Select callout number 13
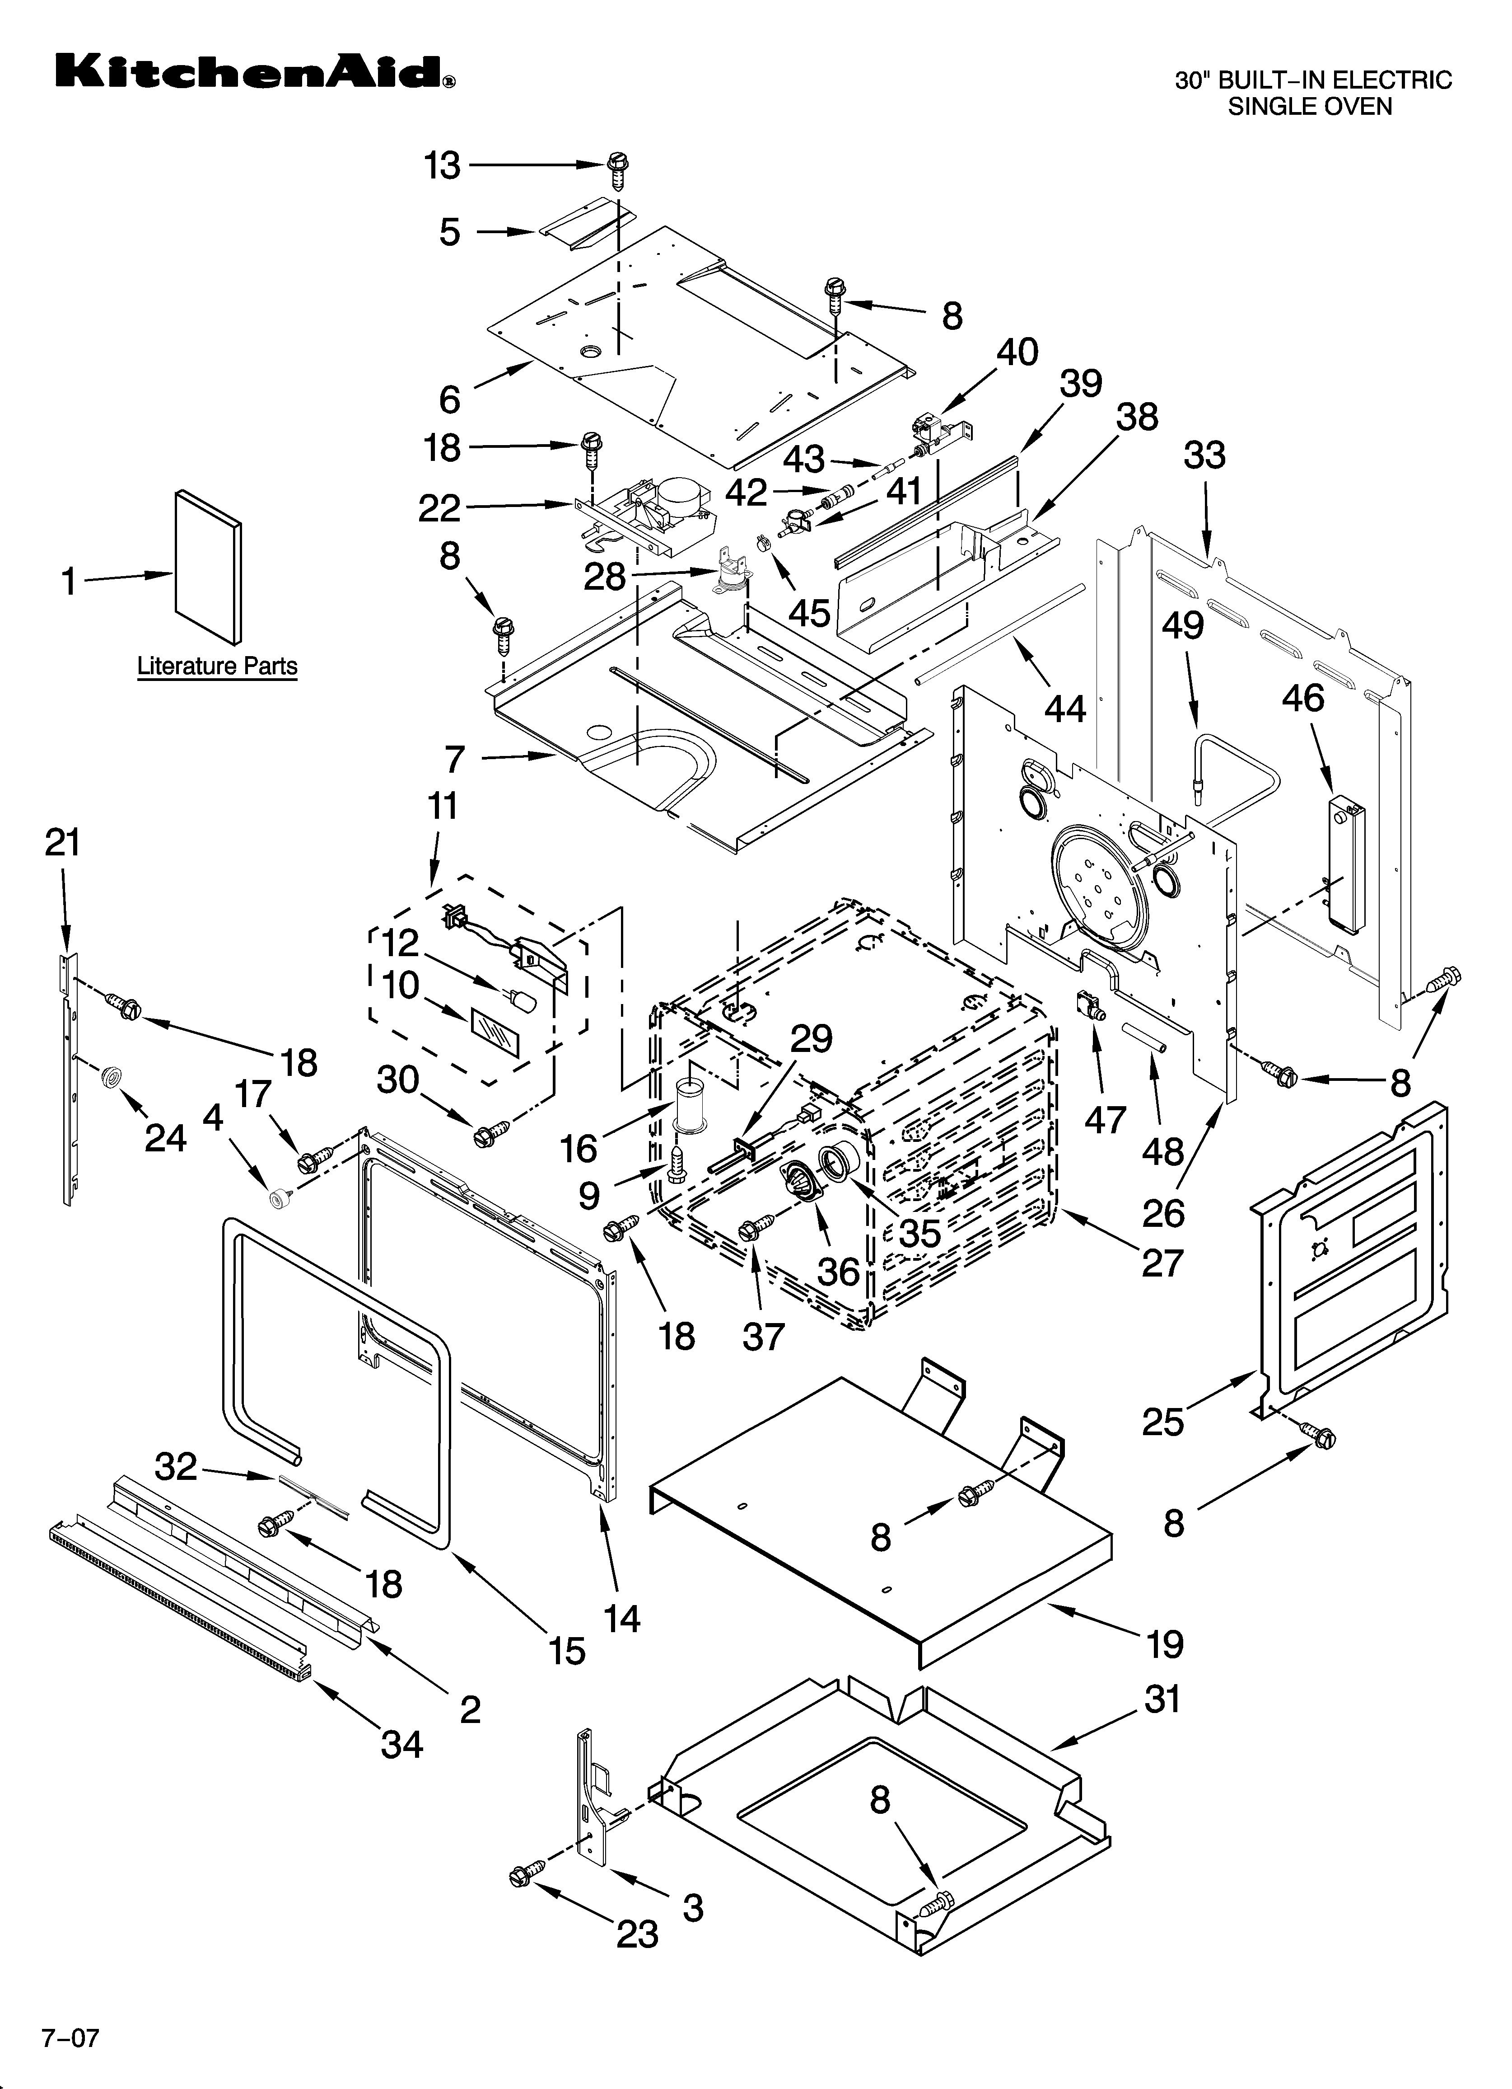pyautogui.click(x=442, y=166)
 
